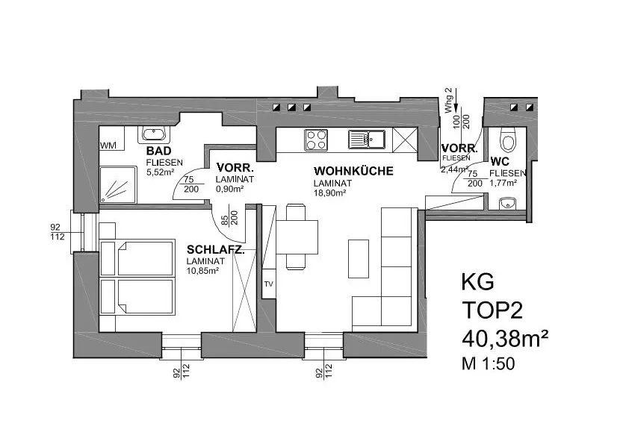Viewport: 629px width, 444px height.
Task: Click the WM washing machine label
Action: coord(108,146)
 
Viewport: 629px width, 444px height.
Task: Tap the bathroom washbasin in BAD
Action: coord(154,134)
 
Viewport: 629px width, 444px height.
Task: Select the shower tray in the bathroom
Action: coord(118,185)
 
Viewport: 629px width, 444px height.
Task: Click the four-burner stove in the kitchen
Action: coord(316,140)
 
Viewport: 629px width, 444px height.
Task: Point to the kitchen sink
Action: coord(367,140)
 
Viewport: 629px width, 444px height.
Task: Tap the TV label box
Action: coord(269,284)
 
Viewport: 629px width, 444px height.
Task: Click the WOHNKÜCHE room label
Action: coord(353,171)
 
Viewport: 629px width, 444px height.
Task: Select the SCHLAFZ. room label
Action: coord(215,250)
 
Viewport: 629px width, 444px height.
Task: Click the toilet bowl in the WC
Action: coord(508,140)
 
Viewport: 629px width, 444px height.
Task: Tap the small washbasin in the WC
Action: coord(507,204)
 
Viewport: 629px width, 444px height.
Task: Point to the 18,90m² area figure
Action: coord(329,193)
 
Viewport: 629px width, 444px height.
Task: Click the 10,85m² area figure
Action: coord(202,270)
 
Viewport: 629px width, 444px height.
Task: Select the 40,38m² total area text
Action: coord(505,339)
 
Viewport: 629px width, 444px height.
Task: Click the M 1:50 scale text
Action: coord(488,364)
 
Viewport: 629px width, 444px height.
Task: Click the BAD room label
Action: coord(159,151)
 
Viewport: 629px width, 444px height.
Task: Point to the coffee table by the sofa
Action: coord(359,259)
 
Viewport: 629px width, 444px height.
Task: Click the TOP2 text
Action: coord(492,310)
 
